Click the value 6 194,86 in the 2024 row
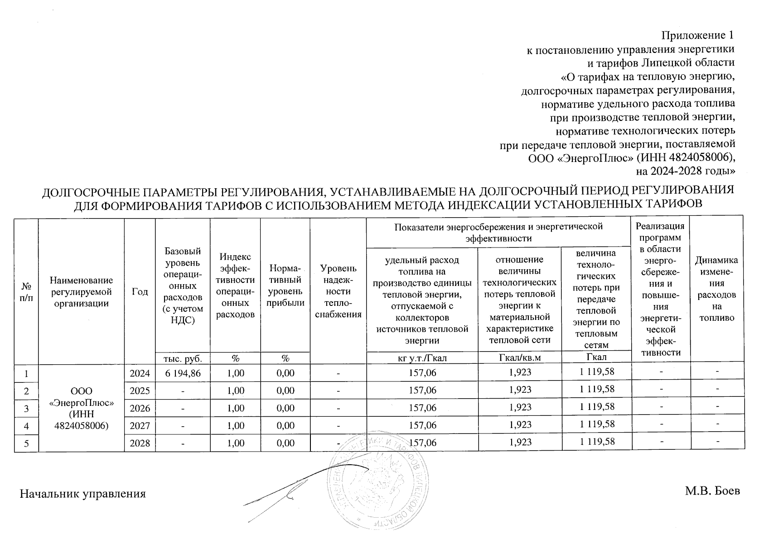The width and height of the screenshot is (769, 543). pos(182,373)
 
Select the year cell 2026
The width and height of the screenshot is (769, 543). pos(140,408)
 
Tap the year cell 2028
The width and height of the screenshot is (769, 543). pos(140,443)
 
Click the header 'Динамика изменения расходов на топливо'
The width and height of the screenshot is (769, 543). pos(716,289)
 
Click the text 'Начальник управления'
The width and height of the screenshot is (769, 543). pos(83,494)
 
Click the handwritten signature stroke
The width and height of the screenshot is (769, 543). pos(290,491)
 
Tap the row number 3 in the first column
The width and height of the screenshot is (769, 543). pos(26,408)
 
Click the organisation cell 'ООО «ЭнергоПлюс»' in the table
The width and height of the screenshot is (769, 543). pos(81,408)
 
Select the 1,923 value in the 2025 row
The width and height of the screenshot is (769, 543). pos(520,390)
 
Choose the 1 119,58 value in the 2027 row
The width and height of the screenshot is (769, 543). pos(597,424)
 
